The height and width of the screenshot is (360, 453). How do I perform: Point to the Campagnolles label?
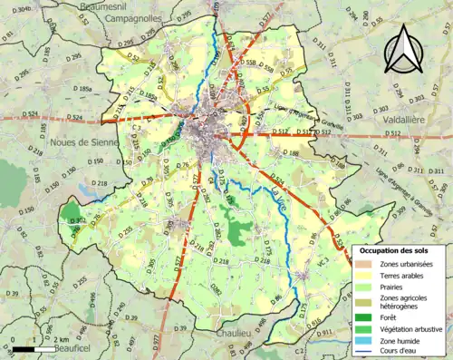132,17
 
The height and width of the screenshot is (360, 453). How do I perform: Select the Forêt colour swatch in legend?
368,316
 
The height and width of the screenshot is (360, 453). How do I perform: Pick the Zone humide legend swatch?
368,341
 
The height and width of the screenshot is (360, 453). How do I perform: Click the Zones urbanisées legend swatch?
368,264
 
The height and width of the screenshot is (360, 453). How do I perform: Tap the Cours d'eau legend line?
368,353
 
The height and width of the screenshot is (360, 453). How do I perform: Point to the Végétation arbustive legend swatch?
368,328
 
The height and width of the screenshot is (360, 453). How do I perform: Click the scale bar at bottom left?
31,347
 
